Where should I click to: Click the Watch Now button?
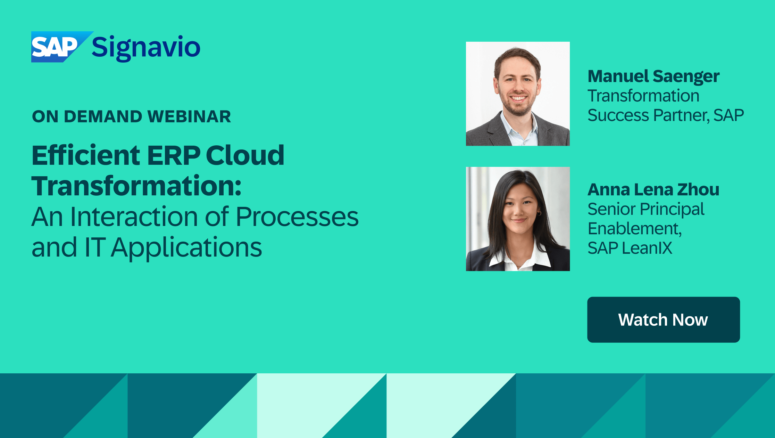tap(663, 319)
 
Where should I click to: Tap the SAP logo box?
tap(56, 47)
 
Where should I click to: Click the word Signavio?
tap(146, 48)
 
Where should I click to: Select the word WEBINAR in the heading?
tap(189, 116)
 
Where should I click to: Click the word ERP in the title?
tap(174, 155)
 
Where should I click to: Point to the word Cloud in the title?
tap(245, 155)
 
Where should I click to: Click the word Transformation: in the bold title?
tap(136, 186)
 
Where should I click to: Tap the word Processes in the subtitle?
tap(297, 217)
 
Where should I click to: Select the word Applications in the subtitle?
tap(186, 248)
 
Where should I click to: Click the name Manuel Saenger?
tap(653, 76)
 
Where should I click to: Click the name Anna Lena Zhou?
tap(653, 189)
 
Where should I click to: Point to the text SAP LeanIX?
tap(630, 248)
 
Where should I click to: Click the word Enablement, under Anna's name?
tap(634, 229)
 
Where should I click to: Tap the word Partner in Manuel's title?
tap(681, 115)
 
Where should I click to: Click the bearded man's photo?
tap(518, 94)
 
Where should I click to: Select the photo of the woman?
tap(518, 219)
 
